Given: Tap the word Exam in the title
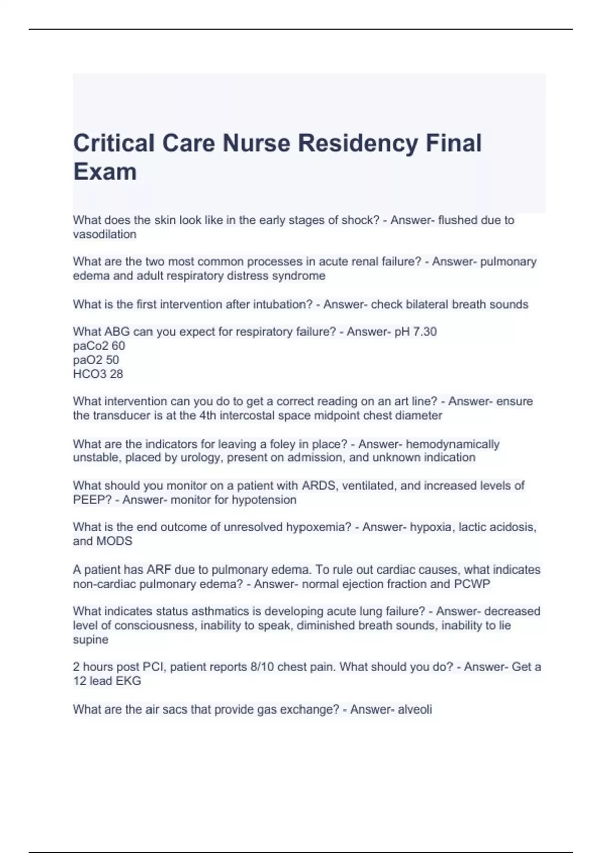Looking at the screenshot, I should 105,172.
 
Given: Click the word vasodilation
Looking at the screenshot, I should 104,234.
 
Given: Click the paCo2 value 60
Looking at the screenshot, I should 119,346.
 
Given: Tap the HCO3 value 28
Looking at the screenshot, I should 116,374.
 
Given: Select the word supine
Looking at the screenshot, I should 90,640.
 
